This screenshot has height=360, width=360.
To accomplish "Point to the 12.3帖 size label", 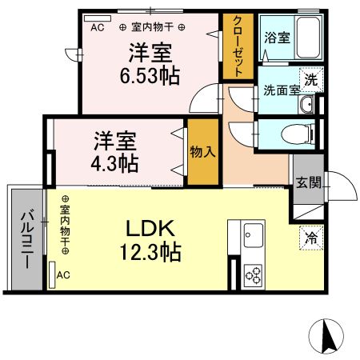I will coord(151,254).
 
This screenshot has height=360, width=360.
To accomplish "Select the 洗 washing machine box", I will coord(310,80).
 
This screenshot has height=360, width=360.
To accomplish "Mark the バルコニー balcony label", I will coord(26,238).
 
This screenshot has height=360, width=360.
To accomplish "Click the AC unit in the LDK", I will coord(54,274).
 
